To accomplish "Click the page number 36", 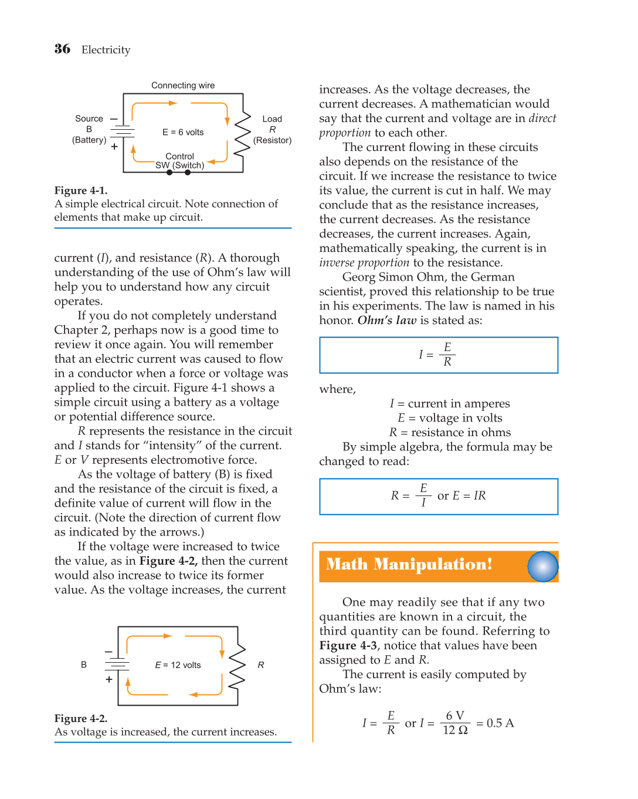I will [62, 49].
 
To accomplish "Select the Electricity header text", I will [106, 50].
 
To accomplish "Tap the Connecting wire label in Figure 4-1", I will [183, 86].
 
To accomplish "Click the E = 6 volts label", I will [183, 133].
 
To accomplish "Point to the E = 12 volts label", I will [178, 665].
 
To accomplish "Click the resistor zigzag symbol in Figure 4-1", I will [242, 134].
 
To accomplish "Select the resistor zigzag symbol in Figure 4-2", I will [237, 666].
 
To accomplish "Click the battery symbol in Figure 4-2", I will [117, 665].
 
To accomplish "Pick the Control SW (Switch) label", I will [180, 161].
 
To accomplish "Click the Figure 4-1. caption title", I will [81, 191].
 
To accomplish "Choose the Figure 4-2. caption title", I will [81, 719].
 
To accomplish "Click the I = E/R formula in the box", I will [437, 355].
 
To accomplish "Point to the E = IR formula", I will [469, 495].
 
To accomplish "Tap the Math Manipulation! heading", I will [409, 565].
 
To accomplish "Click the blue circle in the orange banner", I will [542, 567].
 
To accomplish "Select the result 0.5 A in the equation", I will [500, 723].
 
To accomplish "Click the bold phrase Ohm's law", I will [386, 321].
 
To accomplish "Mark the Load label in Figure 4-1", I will [272, 119].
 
